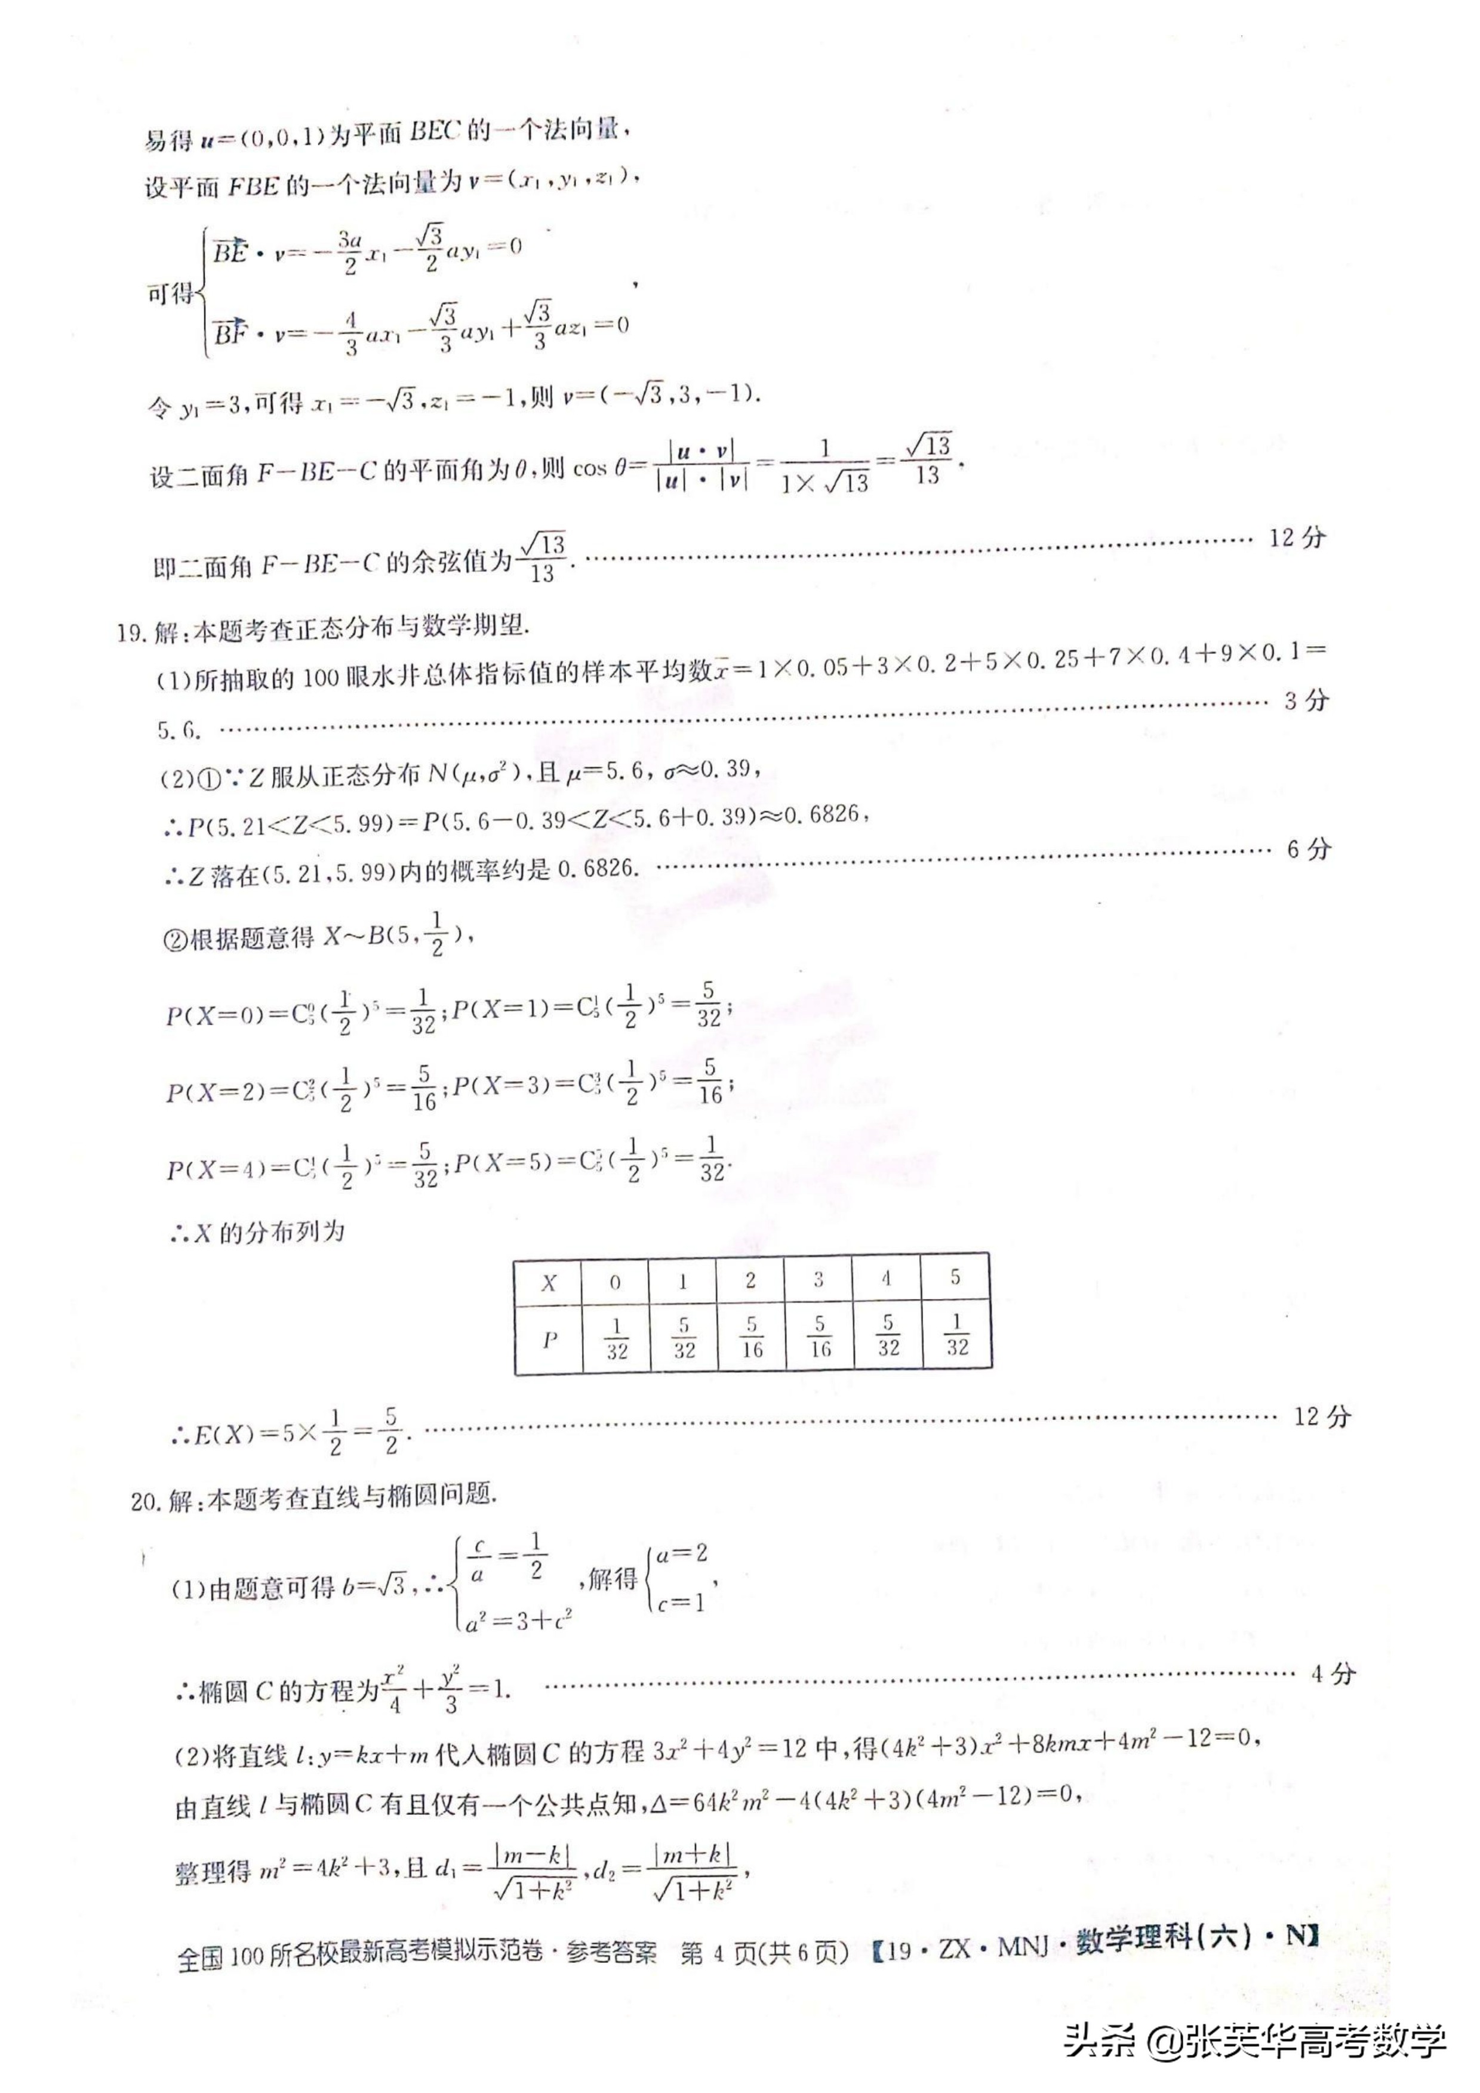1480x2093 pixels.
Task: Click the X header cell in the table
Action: (548, 1283)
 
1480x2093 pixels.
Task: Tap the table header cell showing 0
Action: (616, 1283)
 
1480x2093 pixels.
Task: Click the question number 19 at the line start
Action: (132, 631)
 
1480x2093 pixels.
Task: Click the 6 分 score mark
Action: (1309, 850)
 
